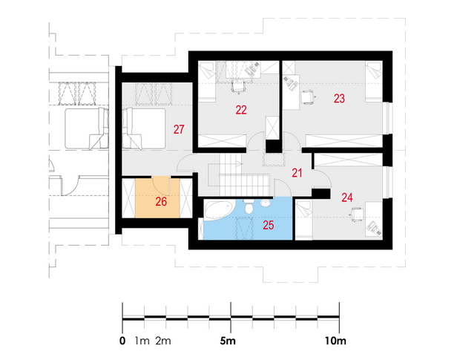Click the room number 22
241,110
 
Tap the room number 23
339,99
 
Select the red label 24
347,197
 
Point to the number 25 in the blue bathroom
269,225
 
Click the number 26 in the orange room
161,202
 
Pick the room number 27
179,129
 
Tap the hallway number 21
297,173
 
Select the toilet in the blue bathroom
249,206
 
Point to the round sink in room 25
266,203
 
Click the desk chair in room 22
238,87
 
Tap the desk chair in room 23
307,97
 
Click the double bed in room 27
144,128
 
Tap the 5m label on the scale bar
228,341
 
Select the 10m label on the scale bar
335,341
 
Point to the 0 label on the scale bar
122,341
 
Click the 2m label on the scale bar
163,341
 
